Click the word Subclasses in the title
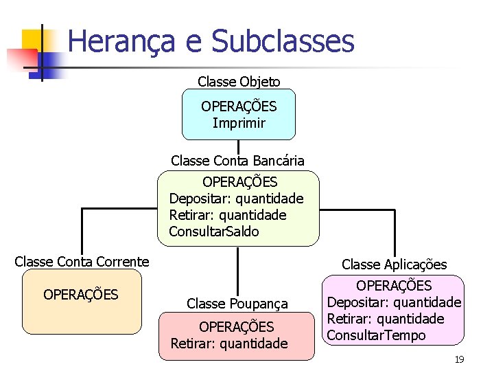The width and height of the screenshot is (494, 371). click(x=283, y=41)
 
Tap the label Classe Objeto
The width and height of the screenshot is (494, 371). click(x=239, y=82)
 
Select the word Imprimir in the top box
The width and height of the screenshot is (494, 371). click(x=239, y=124)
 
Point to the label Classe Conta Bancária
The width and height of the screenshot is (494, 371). click(x=238, y=161)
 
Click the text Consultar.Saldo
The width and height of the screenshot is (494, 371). click(x=214, y=232)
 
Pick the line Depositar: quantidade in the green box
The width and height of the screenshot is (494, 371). click(x=236, y=199)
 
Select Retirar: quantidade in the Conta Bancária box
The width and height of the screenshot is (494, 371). click(x=228, y=215)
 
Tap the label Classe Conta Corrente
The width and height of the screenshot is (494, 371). click(x=82, y=262)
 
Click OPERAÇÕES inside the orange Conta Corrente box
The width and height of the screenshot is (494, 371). click(x=81, y=295)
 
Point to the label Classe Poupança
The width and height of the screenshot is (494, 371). click(x=237, y=303)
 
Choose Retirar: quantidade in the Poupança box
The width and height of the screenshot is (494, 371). click(x=229, y=343)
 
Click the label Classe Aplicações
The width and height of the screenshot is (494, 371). click(x=395, y=265)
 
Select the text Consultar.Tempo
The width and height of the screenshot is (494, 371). click(x=376, y=335)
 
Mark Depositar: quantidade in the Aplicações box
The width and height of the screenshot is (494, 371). click(x=394, y=302)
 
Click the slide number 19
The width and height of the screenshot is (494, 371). click(x=460, y=359)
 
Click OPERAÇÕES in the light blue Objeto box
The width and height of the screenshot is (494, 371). click(x=239, y=106)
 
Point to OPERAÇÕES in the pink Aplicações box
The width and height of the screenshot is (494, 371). click(x=394, y=285)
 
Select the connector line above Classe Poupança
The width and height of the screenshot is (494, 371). click(x=238, y=271)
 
